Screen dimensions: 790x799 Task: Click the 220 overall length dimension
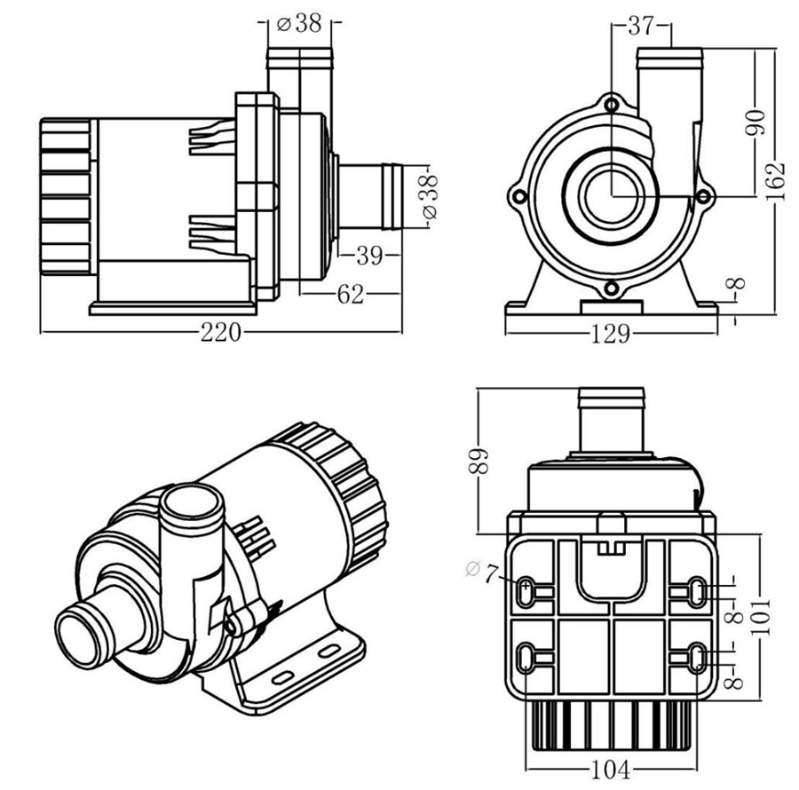pyautogui.click(x=220, y=333)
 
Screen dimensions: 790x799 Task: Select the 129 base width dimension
pyautogui.click(x=611, y=334)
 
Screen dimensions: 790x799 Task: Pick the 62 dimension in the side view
pyautogui.click(x=351, y=294)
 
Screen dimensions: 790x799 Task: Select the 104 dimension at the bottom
pyautogui.click(x=612, y=769)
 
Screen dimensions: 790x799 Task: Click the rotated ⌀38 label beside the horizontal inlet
pyautogui.click(x=429, y=198)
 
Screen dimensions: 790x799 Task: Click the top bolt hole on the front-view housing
pyautogui.click(x=612, y=106)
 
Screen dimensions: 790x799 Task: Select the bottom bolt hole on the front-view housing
pyautogui.click(x=612, y=287)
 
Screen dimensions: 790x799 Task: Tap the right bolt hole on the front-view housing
pyautogui.click(x=704, y=195)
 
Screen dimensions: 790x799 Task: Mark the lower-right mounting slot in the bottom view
pyautogui.click(x=698, y=658)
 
